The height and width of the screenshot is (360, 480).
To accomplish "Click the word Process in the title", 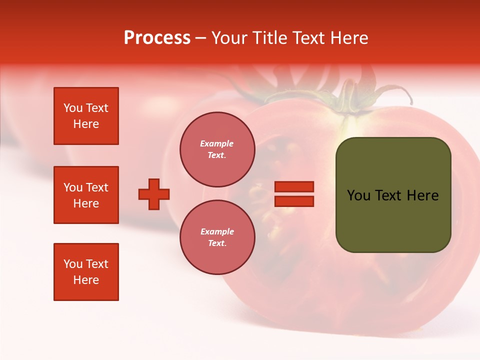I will (x=157, y=38).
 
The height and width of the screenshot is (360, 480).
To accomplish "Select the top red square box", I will (x=86, y=116).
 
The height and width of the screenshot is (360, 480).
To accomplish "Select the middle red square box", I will (x=86, y=195).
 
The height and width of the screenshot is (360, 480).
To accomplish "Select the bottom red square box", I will (x=86, y=272).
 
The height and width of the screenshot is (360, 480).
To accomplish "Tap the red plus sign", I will (x=154, y=194).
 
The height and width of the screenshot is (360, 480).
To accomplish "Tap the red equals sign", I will (x=294, y=194).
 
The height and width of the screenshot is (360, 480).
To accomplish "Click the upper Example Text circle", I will (x=217, y=149).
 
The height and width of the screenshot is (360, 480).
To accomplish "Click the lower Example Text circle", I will (x=217, y=237).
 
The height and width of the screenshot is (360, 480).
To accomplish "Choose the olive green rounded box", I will (x=393, y=195).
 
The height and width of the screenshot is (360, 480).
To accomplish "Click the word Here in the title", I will (x=348, y=38).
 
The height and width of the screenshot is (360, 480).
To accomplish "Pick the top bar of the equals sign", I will (x=294, y=187).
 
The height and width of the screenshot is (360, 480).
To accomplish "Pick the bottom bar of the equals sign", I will (x=294, y=201).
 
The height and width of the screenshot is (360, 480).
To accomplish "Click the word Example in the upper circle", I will (x=217, y=143).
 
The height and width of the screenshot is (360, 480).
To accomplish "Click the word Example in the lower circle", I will (x=217, y=231).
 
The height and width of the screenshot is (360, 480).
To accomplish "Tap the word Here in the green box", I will (x=422, y=195).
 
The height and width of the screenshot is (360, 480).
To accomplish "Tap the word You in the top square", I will (x=73, y=108).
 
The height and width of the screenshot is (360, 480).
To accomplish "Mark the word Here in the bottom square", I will (x=86, y=280).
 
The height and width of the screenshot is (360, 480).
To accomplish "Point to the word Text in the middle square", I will (x=97, y=187).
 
